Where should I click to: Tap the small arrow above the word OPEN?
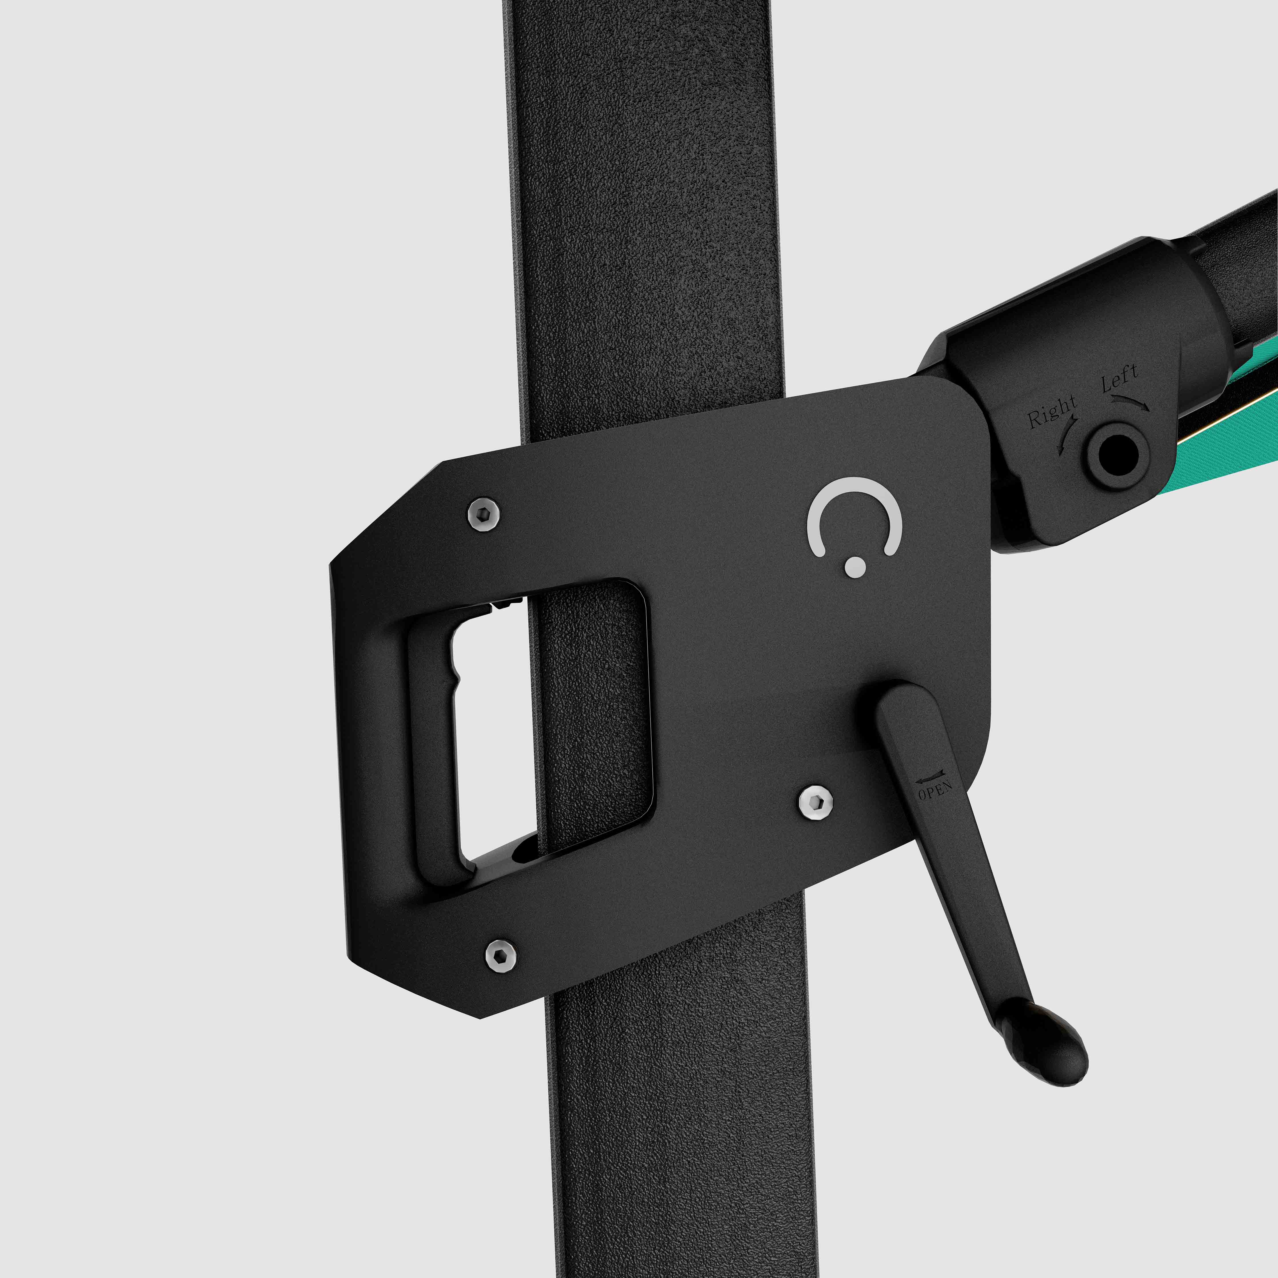(x=929, y=774)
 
